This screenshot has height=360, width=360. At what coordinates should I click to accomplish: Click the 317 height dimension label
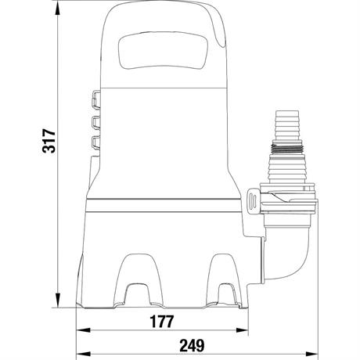(49, 140)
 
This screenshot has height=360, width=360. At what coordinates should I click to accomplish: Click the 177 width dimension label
(162, 322)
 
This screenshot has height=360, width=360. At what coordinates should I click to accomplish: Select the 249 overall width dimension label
(192, 345)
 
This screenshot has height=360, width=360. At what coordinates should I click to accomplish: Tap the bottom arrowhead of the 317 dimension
(58, 301)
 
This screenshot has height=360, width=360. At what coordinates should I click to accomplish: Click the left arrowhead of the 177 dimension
(83, 330)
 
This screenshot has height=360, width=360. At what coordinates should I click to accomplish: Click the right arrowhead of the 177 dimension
(241, 330)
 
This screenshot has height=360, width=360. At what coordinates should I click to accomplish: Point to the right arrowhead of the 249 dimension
(311, 354)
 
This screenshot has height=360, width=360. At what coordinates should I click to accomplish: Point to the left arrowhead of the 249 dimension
(83, 354)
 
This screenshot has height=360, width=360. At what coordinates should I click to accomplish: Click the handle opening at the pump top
(163, 51)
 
